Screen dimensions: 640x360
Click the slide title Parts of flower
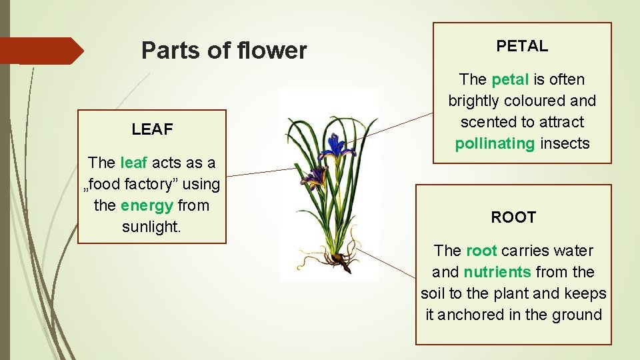coord(224,51)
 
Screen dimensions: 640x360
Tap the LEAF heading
coord(152,129)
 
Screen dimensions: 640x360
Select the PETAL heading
coord(522,46)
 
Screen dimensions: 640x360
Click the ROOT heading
coord(513,217)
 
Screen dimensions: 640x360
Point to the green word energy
coord(147,205)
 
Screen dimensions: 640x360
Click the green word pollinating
coord(495,143)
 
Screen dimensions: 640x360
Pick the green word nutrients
coord(497,272)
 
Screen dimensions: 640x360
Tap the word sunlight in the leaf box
coord(151,227)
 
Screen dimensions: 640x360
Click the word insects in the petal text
coord(565,143)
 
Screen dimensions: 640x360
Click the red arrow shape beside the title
coord(41,51)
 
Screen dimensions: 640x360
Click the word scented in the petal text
coord(484,122)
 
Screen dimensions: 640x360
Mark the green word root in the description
coord(481,251)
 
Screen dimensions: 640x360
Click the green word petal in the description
coord(509,79)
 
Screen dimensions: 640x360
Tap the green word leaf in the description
coord(134,163)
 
